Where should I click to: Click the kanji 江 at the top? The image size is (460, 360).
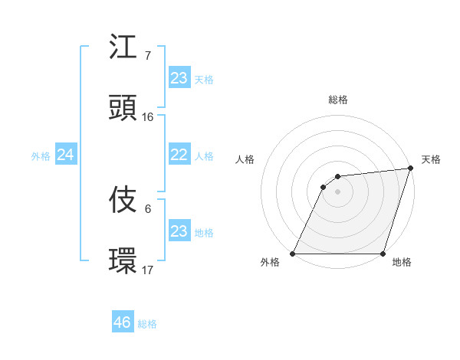point(124,47)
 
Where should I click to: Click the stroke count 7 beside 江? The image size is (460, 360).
point(147,55)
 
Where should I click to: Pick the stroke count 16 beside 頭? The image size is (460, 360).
point(148,116)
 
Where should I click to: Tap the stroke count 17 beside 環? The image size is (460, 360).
point(148,270)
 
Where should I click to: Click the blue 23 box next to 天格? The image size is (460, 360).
point(179,78)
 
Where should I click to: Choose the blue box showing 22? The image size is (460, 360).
point(179,155)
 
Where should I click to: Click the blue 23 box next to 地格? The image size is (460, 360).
point(179,231)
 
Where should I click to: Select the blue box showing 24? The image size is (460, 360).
point(66,155)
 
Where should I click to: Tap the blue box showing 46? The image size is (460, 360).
point(123,322)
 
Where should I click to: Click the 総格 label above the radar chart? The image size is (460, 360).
point(338,100)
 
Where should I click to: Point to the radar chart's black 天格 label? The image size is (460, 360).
point(431,159)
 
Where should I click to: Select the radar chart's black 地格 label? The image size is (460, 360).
point(402,263)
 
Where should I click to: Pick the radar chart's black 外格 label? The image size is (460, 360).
point(270,263)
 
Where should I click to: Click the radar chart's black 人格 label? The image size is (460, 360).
point(245,159)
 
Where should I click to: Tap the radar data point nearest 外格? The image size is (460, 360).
point(292,254)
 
